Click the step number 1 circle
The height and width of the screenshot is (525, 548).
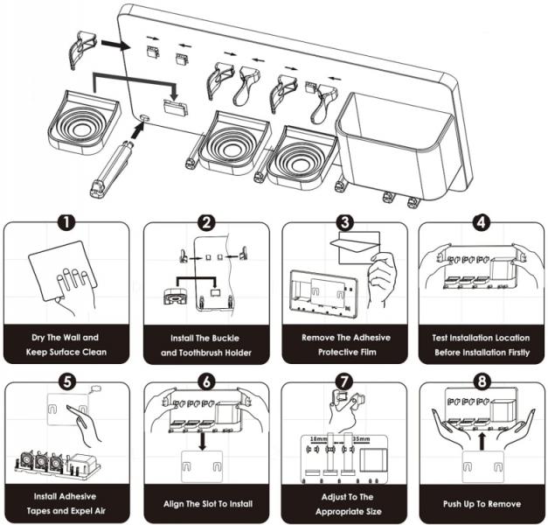[67, 224]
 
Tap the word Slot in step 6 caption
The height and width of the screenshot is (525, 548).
[204, 505]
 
